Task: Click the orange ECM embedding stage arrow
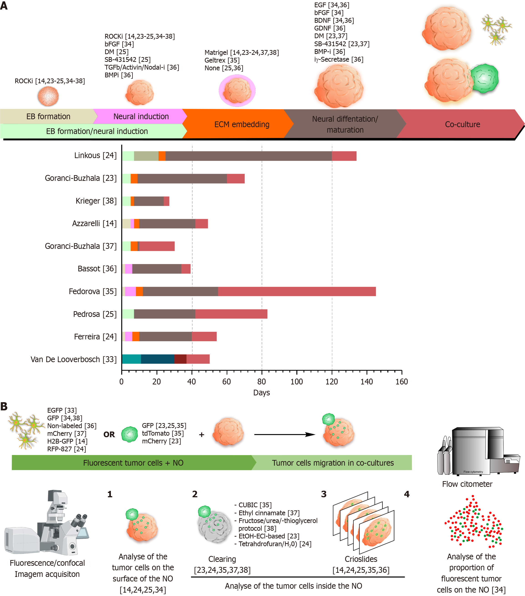tap(238, 124)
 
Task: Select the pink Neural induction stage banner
tap(141, 116)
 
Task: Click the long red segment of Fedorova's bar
tap(297, 291)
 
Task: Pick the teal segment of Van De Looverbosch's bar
tap(131, 359)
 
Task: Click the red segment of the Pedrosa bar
tap(231, 314)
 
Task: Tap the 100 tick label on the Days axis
tap(296, 381)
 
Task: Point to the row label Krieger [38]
tap(96, 201)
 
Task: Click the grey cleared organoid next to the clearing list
tap(214, 528)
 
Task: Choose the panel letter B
tap(4, 406)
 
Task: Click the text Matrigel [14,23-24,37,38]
tap(242, 53)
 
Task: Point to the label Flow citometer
tap(467, 484)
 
